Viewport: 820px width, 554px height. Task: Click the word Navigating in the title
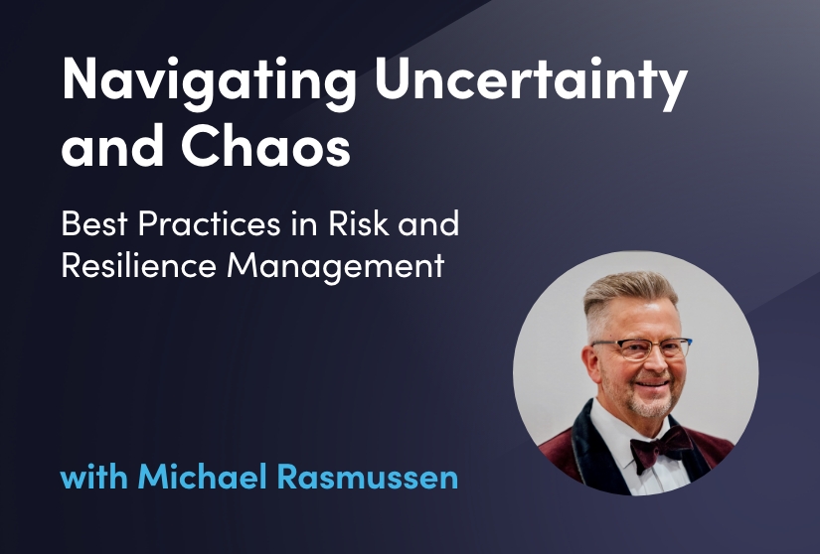pyautogui.click(x=209, y=82)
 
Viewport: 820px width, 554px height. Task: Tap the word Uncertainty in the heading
pyautogui.click(x=532, y=82)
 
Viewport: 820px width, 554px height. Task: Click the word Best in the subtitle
pyautogui.click(x=94, y=223)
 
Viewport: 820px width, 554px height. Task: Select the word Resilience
pyautogui.click(x=138, y=265)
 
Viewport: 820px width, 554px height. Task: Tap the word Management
pyautogui.click(x=336, y=266)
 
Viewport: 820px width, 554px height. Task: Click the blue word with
pyautogui.click(x=94, y=477)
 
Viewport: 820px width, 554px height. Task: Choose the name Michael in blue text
pyautogui.click(x=203, y=477)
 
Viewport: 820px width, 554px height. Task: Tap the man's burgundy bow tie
pyautogui.click(x=661, y=447)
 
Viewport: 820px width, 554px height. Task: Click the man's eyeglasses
pyautogui.click(x=641, y=348)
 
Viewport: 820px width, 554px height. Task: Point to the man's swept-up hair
pyautogui.click(x=629, y=295)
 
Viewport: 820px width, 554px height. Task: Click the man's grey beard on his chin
pyautogui.click(x=649, y=405)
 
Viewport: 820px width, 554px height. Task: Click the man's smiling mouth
pyautogui.click(x=652, y=384)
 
